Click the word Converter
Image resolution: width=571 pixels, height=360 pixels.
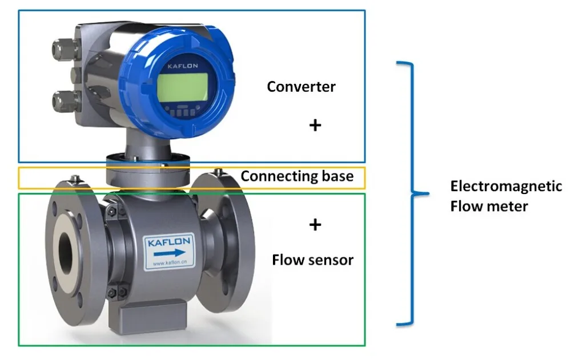tap(301, 87)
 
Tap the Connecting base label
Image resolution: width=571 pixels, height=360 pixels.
tap(297, 176)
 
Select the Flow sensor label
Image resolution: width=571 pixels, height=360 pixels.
tap(312, 260)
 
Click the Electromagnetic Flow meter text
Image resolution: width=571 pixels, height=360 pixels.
tap(506, 196)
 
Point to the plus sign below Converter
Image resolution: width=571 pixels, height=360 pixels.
tap(315, 125)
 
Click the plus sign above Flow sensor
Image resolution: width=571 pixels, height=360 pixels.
tap(315, 225)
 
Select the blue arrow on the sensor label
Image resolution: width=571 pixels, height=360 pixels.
tap(170, 253)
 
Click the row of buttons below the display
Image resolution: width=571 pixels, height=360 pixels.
tap(183, 112)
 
